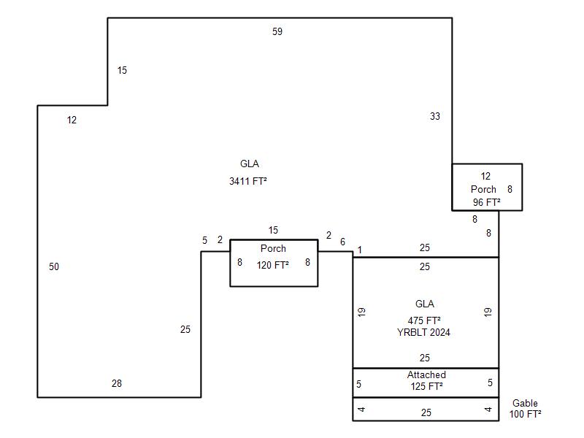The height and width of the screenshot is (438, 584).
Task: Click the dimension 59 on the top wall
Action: [x=277, y=31]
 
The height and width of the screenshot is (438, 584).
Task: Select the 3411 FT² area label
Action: [x=248, y=180]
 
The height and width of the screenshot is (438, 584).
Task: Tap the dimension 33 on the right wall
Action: [x=435, y=116]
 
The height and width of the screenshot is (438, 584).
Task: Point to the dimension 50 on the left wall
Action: [x=54, y=266]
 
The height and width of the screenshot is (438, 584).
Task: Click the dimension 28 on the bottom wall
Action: [x=117, y=383]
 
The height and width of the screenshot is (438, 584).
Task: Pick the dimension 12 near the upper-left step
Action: [x=72, y=120]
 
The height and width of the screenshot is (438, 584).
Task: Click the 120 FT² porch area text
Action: [x=273, y=266]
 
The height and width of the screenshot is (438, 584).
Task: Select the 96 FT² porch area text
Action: [x=485, y=202]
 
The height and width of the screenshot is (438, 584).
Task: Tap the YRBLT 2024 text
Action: [x=423, y=332]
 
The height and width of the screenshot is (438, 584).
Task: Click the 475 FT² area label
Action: [x=424, y=320]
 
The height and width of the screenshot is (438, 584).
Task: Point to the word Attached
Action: [x=426, y=375]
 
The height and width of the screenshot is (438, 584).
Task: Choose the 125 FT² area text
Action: [x=426, y=386]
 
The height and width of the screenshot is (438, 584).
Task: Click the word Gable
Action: [x=525, y=403]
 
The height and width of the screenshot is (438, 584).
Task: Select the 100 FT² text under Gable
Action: [x=526, y=414]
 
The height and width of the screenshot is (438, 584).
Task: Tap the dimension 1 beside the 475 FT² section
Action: [x=359, y=250]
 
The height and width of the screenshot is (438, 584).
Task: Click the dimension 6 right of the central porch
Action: [x=342, y=242]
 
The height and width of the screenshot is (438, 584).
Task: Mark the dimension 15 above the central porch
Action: [x=273, y=231]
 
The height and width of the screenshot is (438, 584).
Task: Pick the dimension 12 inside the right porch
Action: [x=485, y=176]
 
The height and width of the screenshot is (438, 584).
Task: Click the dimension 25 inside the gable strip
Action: [x=426, y=412]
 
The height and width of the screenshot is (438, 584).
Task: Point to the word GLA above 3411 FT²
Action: [x=250, y=164]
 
